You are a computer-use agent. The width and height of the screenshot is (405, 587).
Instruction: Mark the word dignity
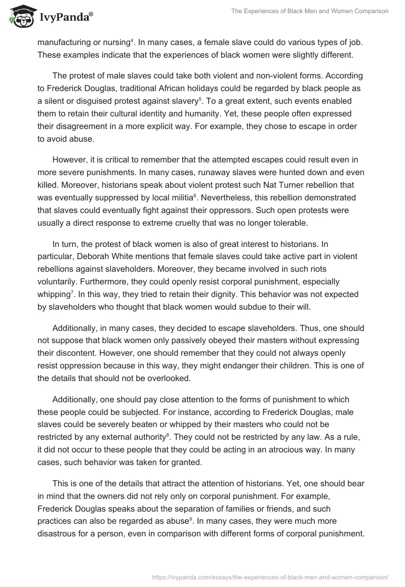pyautogui.click(x=208, y=295)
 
